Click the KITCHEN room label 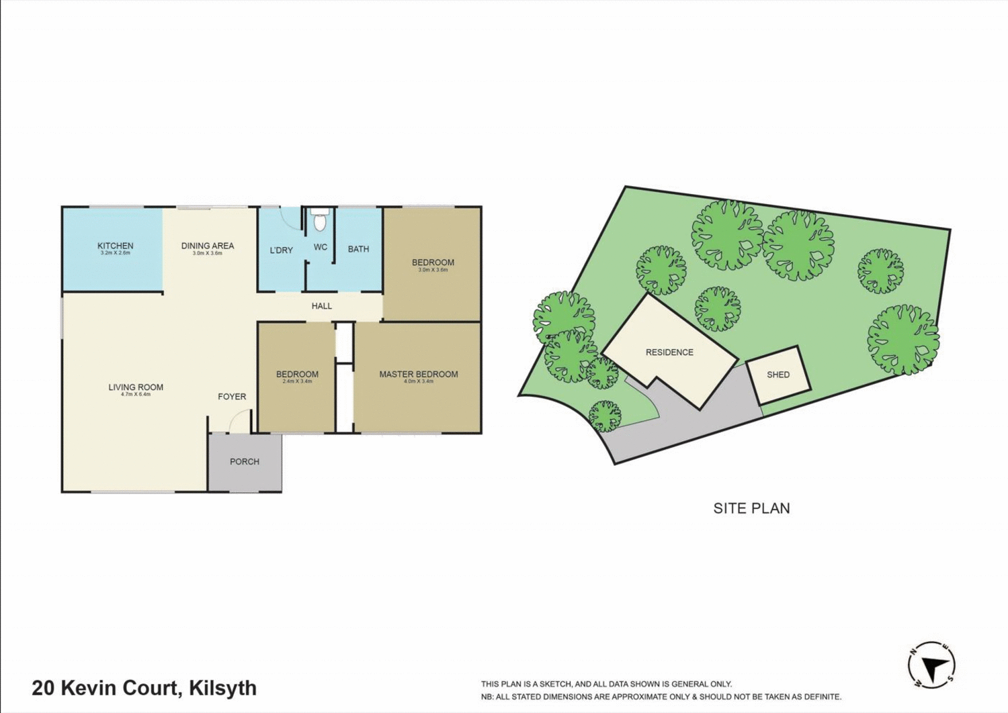coord(115,246)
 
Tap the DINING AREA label coord(208,246)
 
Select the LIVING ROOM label coord(136,387)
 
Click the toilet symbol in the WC coord(320,221)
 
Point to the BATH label coord(358,249)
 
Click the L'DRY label coord(281,250)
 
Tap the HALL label coord(321,306)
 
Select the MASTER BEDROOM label coord(418,374)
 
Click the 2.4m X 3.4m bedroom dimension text coord(297,381)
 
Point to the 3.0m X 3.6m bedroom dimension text coord(433,270)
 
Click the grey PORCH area coord(245,470)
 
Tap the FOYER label coord(232,397)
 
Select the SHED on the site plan coord(778,375)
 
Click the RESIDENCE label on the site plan coord(669,352)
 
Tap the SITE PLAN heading coord(751,508)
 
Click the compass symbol coord(931,665)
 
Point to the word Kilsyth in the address coord(222,688)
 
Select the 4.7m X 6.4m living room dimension coord(136,395)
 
